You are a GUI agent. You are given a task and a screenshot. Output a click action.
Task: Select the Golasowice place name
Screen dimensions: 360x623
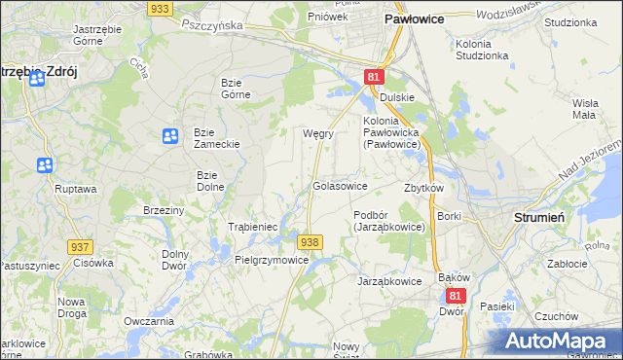point(340,185)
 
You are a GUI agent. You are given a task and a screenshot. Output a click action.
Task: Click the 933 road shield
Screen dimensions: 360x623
point(162,8)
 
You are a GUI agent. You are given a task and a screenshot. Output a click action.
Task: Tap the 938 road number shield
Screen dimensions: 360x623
point(310,241)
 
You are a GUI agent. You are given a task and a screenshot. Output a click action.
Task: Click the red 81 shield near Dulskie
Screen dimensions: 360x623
point(375,77)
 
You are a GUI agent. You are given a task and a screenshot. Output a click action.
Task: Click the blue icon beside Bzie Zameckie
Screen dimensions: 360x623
point(170,137)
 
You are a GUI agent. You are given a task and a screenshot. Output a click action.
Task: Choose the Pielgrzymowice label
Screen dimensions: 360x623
point(272,260)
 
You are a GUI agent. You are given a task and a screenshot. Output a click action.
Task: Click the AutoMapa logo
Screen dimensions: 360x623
point(561,341)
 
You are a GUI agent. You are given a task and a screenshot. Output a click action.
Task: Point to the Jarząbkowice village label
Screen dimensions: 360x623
point(390,281)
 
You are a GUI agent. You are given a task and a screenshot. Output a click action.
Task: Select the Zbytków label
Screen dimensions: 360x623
point(423,188)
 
